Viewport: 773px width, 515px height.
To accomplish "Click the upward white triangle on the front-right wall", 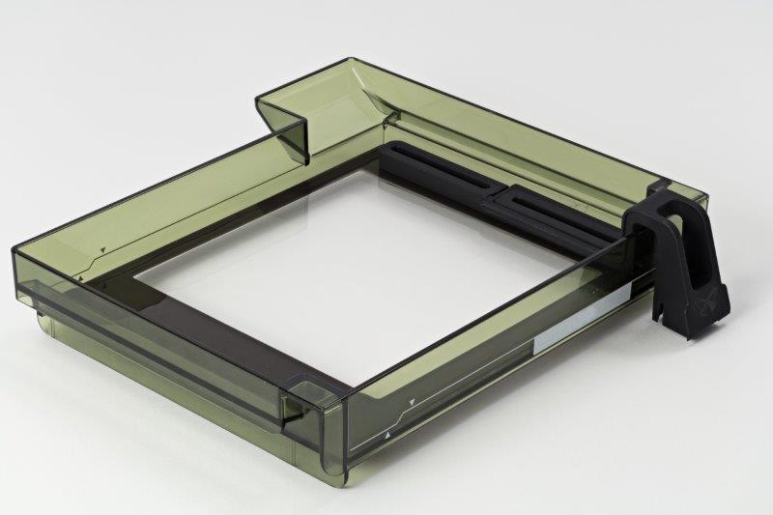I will pos(387,437).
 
